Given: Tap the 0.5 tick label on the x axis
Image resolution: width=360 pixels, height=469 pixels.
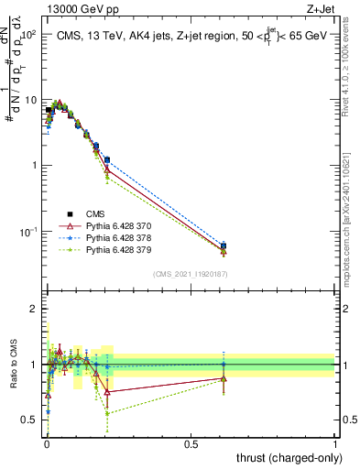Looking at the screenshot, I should tap(191, 443).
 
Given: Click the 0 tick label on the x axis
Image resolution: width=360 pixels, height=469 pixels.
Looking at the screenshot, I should tap(47, 443).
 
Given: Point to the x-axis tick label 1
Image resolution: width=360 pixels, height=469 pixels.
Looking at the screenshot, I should tap(335, 443).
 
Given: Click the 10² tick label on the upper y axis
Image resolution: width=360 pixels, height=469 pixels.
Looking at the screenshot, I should tap(27, 34).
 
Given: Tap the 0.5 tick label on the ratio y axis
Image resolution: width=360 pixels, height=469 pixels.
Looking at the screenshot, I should tap(29, 420).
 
